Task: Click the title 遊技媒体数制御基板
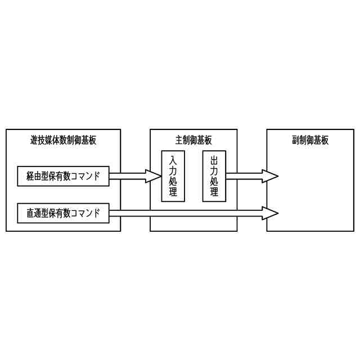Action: click(x=63, y=140)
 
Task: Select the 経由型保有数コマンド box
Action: click(x=63, y=176)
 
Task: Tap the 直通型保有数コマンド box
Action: click(x=63, y=213)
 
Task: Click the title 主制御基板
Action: click(x=193, y=140)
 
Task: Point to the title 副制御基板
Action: click(x=310, y=140)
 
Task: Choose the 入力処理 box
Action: click(x=173, y=176)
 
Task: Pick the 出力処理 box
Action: click(x=214, y=176)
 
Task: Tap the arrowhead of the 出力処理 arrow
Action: click(x=271, y=176)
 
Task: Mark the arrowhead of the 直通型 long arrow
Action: click(x=271, y=213)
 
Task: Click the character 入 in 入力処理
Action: click(x=173, y=159)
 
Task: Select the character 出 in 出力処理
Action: click(x=214, y=159)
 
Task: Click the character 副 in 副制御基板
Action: click(x=296, y=140)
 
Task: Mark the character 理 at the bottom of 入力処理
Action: click(x=173, y=193)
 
